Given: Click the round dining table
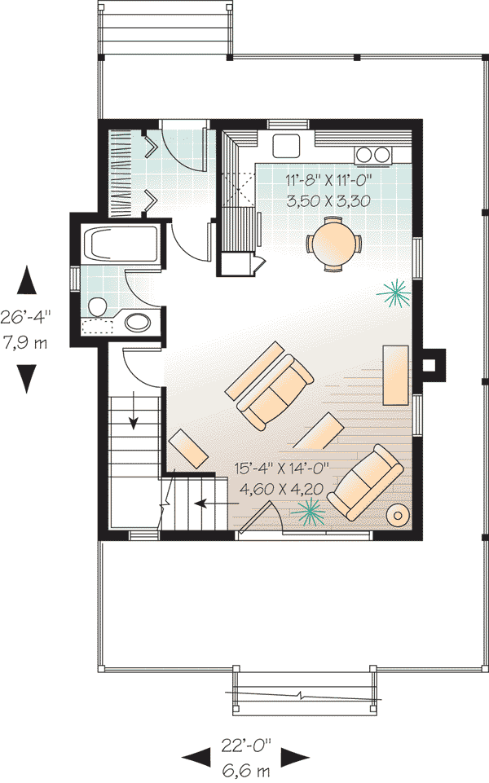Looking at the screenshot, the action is point(333,244).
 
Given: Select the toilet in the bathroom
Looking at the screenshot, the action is point(98,307).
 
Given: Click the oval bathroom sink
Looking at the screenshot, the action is point(138,322).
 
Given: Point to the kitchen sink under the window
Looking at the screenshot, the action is point(286,146).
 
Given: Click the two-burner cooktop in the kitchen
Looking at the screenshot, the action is point(372,156).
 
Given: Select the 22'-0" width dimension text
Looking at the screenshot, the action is point(246,746).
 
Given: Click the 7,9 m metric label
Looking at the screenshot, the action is point(25,343).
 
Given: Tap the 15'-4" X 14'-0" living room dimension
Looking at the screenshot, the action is point(282,468).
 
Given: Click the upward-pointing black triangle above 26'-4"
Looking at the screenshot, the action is point(27,280).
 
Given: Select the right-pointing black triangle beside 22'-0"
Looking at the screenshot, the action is point(295,757).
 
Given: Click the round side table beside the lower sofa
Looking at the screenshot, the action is point(399,515).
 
